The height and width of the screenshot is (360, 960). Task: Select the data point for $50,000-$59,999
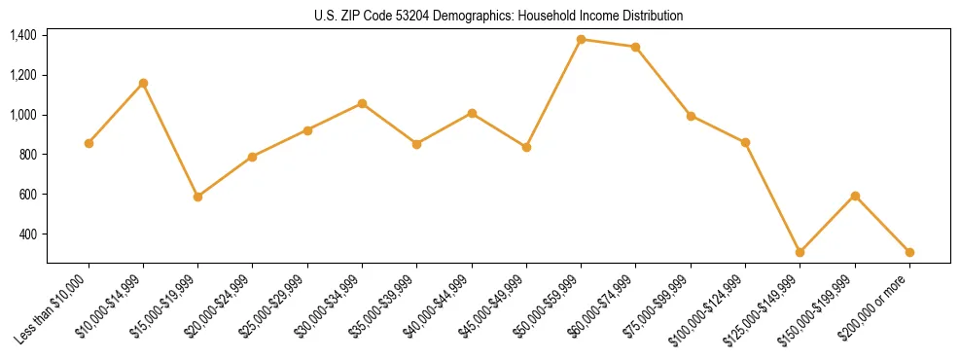click(x=581, y=39)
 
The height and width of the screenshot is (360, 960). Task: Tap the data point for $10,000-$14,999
click(x=143, y=83)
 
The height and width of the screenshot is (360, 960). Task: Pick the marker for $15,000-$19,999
click(x=197, y=197)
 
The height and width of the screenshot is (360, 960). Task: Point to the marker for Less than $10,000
click(x=89, y=143)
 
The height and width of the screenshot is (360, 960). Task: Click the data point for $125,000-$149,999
click(x=800, y=252)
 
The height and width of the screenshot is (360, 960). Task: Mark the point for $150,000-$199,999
click(x=855, y=196)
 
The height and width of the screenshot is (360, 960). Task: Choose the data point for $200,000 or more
click(x=909, y=252)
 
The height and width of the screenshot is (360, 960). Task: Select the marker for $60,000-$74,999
click(x=635, y=47)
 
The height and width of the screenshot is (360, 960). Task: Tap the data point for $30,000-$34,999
click(x=362, y=103)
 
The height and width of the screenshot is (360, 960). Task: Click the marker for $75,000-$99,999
click(x=691, y=116)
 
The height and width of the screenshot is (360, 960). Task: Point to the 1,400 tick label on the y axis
click(x=23, y=36)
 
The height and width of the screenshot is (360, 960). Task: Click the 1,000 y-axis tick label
click(x=23, y=115)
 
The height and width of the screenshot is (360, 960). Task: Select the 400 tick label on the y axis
click(x=28, y=234)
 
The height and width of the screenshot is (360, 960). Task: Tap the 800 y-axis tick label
click(x=28, y=155)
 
